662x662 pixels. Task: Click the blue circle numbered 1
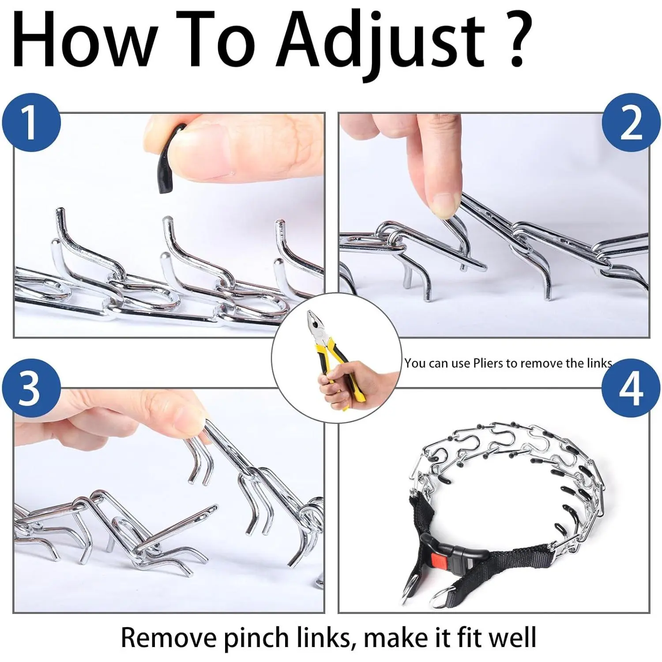[x=31, y=122]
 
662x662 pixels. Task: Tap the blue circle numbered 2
[x=631, y=122]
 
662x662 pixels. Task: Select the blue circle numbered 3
[x=31, y=387]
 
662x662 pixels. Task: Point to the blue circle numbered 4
[x=631, y=387]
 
